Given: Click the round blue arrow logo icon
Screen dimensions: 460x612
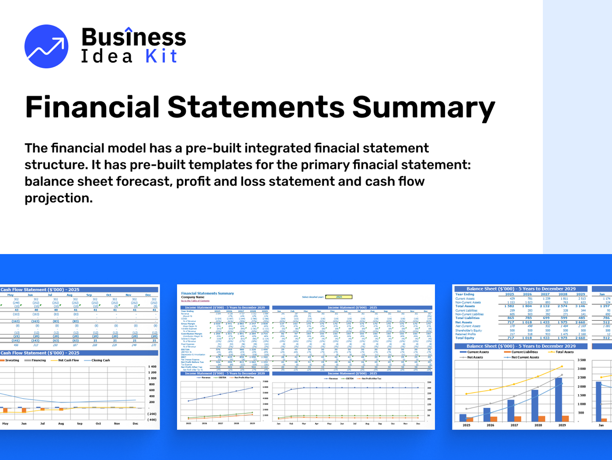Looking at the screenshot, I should tap(46, 46).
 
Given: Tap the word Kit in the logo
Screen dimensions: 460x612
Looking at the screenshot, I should tap(162, 56).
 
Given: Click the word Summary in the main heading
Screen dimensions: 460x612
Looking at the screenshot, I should tap(424, 107).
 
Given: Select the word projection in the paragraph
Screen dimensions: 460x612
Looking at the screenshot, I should tap(58, 198).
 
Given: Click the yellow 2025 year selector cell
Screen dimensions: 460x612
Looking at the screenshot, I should tap(339, 297).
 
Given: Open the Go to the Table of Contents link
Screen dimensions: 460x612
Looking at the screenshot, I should tap(195, 300).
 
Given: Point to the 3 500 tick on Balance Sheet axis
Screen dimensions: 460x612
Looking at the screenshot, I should tap(581, 360).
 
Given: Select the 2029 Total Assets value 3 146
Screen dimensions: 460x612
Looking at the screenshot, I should tap(580, 306).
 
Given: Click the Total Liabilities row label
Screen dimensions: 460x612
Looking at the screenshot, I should tap(467, 318).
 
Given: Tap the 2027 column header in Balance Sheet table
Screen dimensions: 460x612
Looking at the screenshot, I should tap(545, 294).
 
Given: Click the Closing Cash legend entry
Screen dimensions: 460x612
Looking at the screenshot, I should tap(100, 360).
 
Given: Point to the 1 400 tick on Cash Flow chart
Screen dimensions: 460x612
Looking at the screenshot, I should tap(152, 367).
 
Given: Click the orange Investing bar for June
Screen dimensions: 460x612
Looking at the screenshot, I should tap(24, 411).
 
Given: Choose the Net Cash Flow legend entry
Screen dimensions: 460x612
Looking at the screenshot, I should tap(68, 360).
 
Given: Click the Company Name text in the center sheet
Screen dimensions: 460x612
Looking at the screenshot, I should tap(193, 297).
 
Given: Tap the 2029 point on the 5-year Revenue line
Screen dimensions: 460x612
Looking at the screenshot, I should tap(252, 388).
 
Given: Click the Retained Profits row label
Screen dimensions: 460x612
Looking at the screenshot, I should tap(465, 334).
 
